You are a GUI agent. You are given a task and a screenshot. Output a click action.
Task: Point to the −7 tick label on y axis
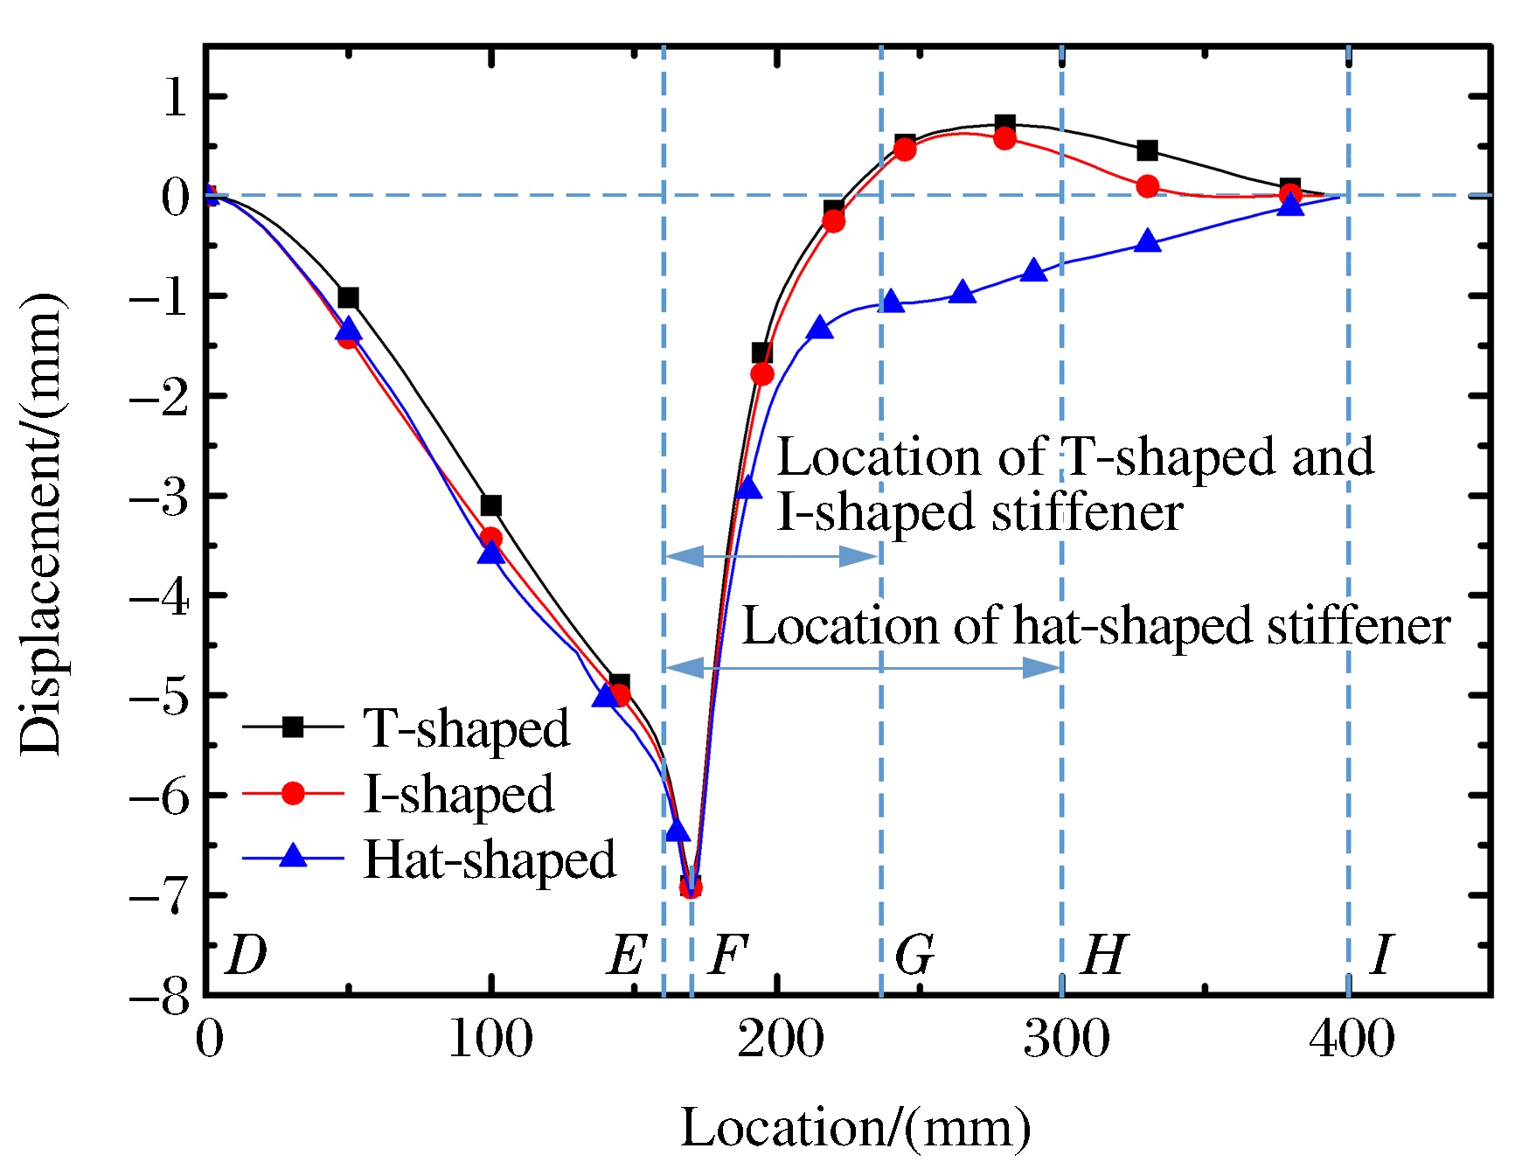(x=159, y=894)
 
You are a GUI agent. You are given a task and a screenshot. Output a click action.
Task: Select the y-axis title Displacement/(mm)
(x=41, y=525)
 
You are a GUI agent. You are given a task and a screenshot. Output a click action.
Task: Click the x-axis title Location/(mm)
(x=856, y=1128)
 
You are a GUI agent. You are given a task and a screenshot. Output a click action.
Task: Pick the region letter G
(x=914, y=955)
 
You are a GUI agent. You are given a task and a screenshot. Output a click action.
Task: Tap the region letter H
(x=1104, y=955)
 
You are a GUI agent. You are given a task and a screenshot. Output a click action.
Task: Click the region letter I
(x=1381, y=955)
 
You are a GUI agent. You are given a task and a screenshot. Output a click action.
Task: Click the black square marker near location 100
(x=491, y=505)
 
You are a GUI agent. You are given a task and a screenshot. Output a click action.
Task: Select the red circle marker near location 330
(x=1148, y=186)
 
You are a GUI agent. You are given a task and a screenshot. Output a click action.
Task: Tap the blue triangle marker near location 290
(x=1034, y=270)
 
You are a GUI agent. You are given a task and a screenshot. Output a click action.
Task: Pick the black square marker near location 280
(x=1005, y=125)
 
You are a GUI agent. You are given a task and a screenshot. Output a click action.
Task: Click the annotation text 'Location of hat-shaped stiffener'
(x=1096, y=626)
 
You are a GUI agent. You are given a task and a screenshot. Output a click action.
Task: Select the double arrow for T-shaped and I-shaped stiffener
(x=771, y=556)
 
